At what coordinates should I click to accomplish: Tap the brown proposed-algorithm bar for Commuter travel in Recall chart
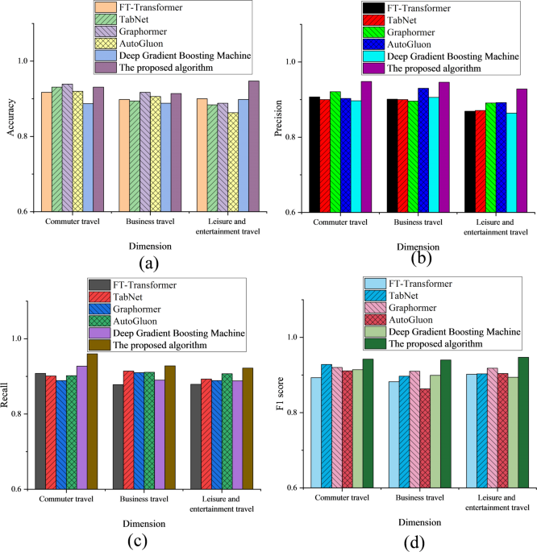tap(92, 421)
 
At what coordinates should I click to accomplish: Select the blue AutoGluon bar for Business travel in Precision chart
tap(423, 150)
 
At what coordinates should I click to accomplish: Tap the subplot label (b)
tap(418, 258)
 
